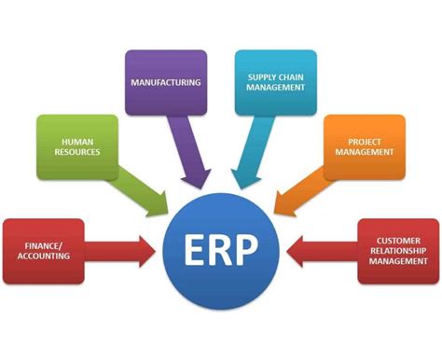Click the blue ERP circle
tap(222, 250)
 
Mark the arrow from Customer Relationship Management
tap(322, 250)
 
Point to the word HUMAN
tap(77, 139)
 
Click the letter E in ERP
tap(193, 250)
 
